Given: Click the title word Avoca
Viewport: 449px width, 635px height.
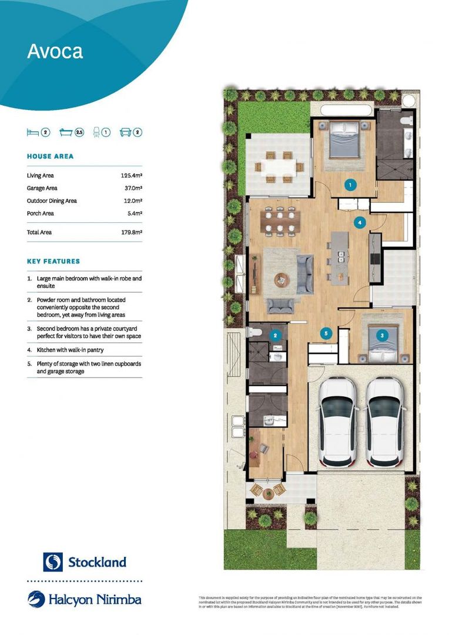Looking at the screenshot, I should [x=55, y=51].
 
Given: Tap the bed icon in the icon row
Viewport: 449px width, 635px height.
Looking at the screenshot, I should [x=32, y=132].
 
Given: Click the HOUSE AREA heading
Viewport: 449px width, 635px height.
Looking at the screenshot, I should [x=50, y=156].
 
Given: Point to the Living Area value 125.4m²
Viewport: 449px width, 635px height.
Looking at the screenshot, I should [x=131, y=175].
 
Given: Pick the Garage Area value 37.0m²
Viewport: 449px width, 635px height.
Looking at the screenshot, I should [x=133, y=188].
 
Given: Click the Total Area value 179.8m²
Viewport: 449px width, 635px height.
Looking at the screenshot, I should [x=131, y=232].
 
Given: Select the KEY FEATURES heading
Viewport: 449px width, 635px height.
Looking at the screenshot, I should [x=53, y=261].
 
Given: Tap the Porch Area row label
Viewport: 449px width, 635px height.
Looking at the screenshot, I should [x=40, y=213].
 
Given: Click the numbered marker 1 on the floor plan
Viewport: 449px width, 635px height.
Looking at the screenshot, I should [x=350, y=185].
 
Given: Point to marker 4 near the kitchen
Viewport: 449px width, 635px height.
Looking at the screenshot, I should [x=360, y=222].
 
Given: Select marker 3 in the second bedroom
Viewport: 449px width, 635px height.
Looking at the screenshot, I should [x=382, y=335].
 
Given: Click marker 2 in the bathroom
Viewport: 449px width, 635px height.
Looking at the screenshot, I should [x=274, y=336].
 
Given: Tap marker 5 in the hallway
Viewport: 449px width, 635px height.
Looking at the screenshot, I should [x=327, y=333].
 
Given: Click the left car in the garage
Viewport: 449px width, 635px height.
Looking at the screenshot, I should [x=337, y=420].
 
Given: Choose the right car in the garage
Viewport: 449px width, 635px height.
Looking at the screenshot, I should [x=384, y=420].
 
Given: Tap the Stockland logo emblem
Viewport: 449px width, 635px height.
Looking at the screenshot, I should [x=53, y=562].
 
